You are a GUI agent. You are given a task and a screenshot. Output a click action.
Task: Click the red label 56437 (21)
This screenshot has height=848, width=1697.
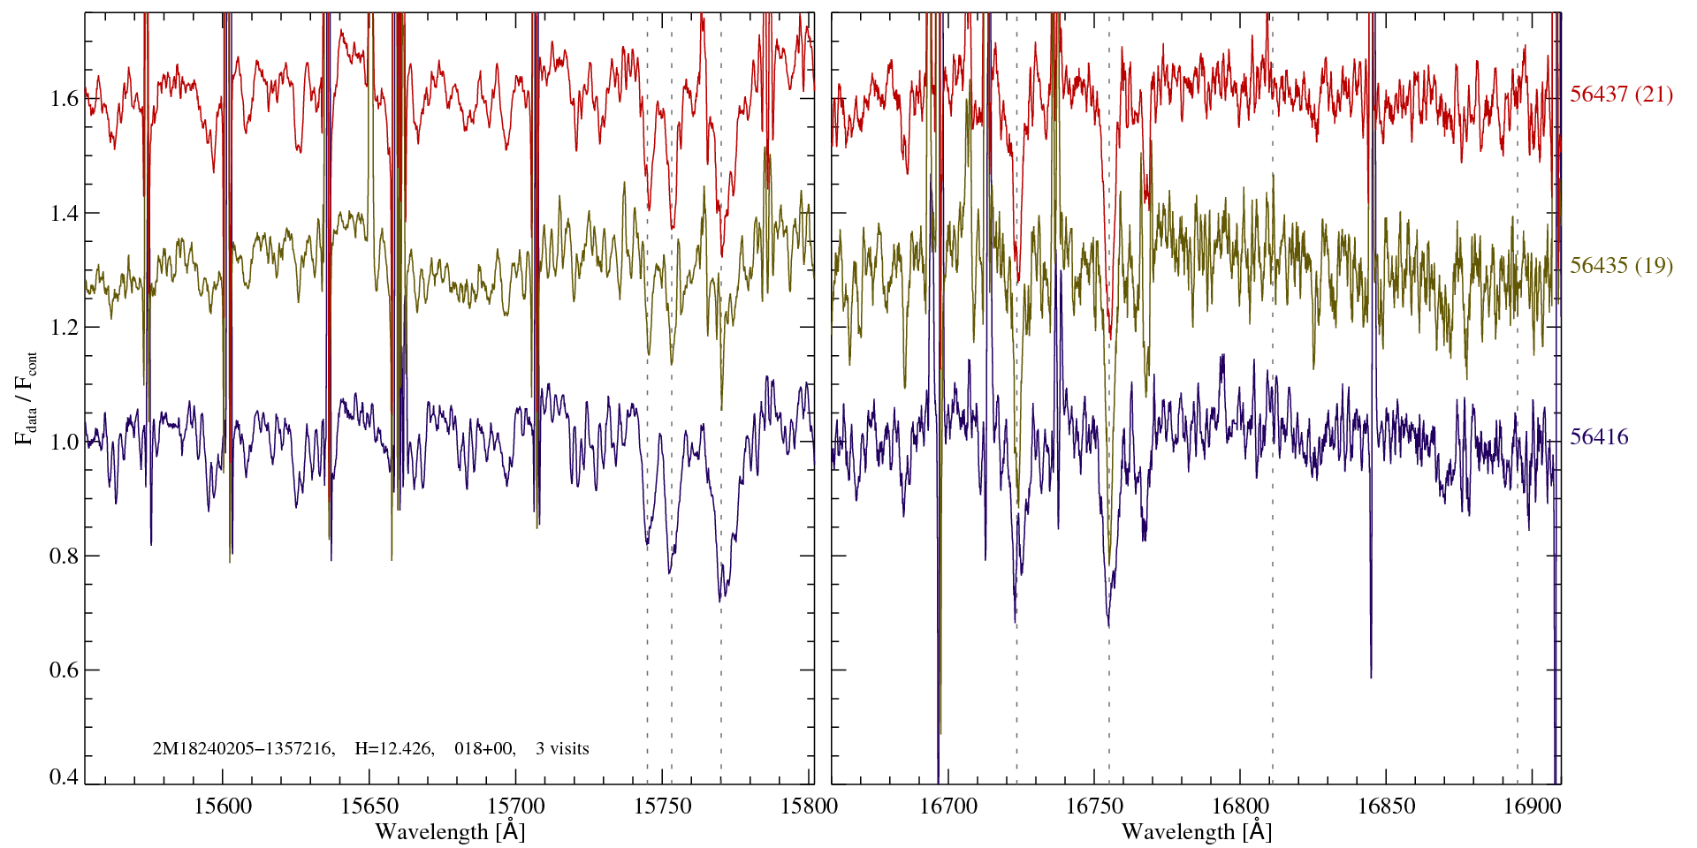(x=1621, y=95)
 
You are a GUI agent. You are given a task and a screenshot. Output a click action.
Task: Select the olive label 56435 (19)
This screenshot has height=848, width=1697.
(x=1621, y=266)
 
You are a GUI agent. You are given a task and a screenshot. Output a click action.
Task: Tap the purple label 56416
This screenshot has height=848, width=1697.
(x=1599, y=437)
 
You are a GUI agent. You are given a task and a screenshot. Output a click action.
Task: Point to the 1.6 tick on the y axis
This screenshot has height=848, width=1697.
(x=65, y=98)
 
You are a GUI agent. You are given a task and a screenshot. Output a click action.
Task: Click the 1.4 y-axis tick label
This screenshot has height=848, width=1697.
(x=65, y=213)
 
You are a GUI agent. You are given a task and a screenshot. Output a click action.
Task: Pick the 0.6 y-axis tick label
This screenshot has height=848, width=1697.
(x=65, y=670)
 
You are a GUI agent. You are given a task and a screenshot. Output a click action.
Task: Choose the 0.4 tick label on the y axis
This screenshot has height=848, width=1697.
(x=65, y=777)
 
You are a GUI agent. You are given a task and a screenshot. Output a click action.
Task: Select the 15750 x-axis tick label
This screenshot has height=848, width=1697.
(x=664, y=806)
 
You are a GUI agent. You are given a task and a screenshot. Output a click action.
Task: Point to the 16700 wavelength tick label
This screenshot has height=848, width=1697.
(x=948, y=806)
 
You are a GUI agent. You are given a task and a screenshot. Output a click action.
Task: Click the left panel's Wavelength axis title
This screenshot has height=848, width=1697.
(x=450, y=832)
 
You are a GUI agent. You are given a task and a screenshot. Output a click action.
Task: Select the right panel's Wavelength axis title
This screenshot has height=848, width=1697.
(x=1197, y=832)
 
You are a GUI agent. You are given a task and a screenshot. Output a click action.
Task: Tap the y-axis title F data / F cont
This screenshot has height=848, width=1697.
(x=26, y=397)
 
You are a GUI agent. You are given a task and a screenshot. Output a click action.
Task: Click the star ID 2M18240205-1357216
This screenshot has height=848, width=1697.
(x=243, y=749)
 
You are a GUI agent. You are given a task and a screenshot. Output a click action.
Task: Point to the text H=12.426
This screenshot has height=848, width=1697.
(x=393, y=749)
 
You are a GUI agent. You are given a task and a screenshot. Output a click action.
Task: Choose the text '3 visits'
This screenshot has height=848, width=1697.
(x=562, y=749)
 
